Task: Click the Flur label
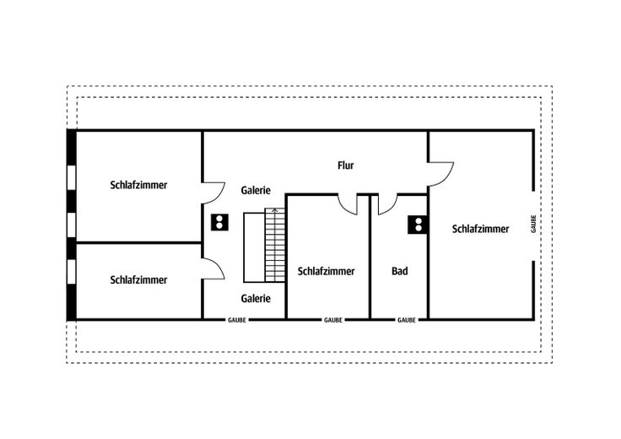[345, 165]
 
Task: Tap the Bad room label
[400, 271]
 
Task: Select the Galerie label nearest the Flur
[256, 190]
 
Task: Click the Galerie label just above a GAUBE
[256, 298]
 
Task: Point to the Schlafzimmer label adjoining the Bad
[326, 271]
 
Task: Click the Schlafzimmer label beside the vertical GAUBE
[480, 229]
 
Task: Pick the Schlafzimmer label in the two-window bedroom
[138, 185]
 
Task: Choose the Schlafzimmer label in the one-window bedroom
[138, 279]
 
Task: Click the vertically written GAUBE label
[533, 224]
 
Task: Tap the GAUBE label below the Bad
[407, 320]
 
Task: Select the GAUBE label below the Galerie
[237, 320]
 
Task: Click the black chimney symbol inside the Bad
[418, 225]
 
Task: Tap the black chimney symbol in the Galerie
[219, 222]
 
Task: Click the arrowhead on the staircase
[275, 210]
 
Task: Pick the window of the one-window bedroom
[71, 271]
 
